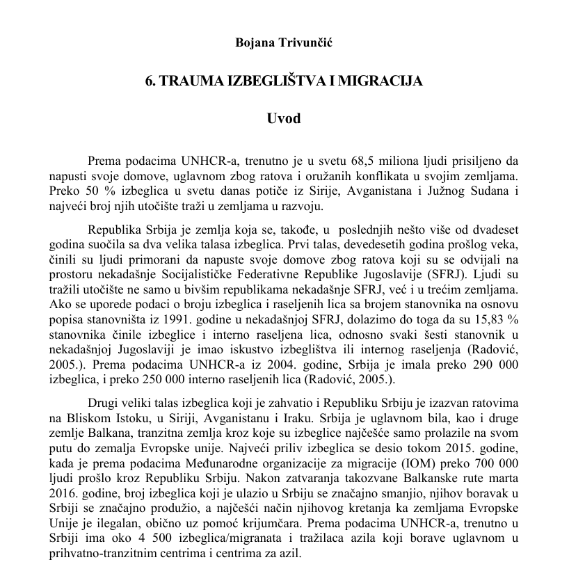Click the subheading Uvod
tap(284, 118)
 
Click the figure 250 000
tap(200, 381)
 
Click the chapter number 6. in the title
tap(150, 81)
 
